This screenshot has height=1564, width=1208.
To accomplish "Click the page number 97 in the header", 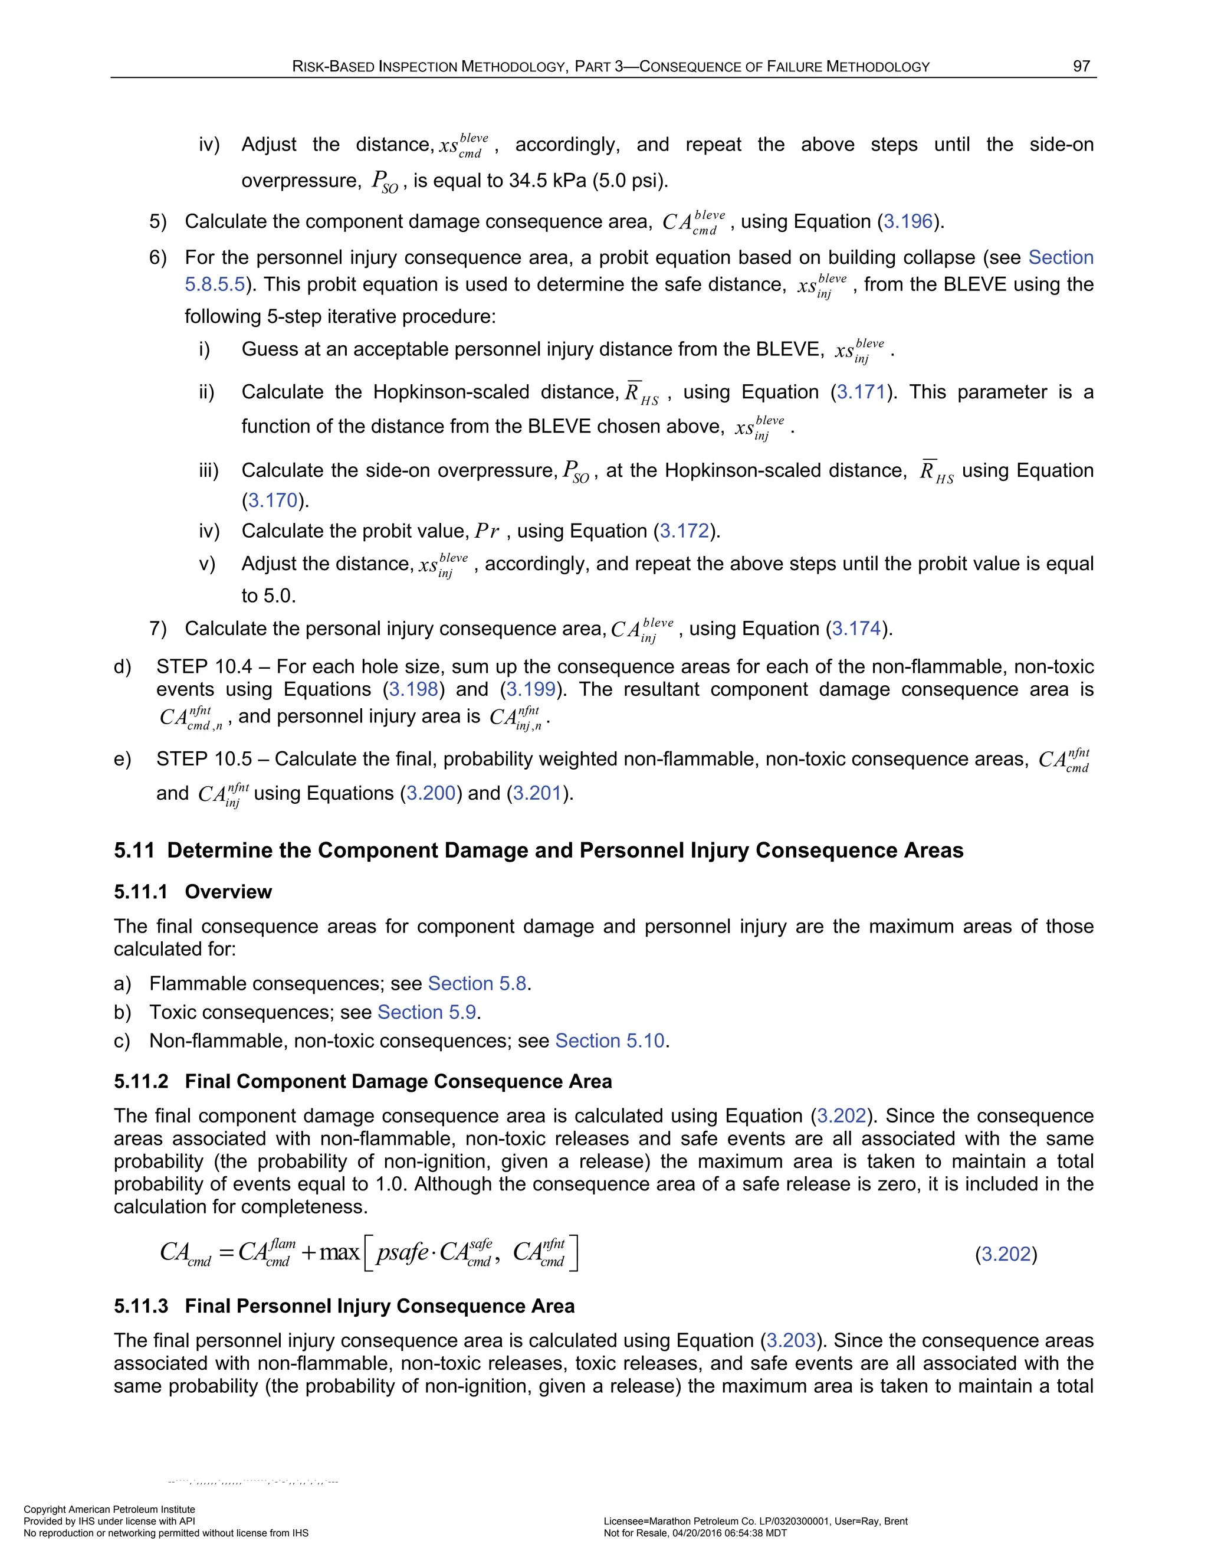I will click(x=1081, y=66).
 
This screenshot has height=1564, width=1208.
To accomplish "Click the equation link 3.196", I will click(x=908, y=221).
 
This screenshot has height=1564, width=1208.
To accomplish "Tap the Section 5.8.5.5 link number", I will click(x=215, y=284).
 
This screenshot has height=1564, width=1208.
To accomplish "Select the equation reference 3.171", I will click(x=861, y=392).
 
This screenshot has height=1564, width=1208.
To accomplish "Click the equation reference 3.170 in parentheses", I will click(x=273, y=500).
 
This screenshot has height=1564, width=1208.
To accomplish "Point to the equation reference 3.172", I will click(x=684, y=531).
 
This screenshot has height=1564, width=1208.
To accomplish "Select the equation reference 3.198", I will click(x=413, y=689).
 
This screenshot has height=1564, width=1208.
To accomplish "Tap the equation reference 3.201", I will click(x=537, y=793).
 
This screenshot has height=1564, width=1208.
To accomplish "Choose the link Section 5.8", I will click(x=477, y=983).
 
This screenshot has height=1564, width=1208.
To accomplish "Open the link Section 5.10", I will click(x=610, y=1041).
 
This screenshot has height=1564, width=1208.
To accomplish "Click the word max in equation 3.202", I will click(x=339, y=1252).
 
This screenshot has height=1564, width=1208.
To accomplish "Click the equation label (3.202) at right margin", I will click(x=1006, y=1254).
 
